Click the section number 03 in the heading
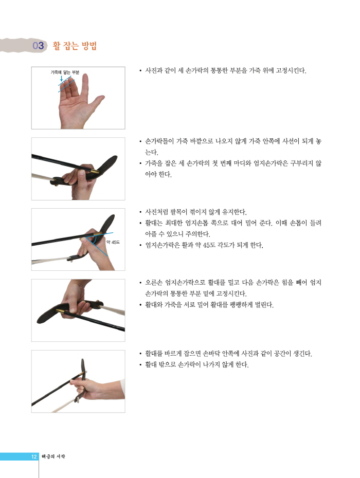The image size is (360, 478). [x=38, y=46]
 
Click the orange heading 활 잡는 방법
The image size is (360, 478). [x=75, y=46]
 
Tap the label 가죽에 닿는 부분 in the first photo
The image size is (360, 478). [x=65, y=72]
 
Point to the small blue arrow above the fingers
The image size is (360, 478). [x=61, y=79]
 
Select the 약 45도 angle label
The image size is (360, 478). [x=113, y=243]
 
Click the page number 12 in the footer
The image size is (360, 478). [x=34, y=456]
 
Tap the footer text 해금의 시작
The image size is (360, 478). [x=53, y=456]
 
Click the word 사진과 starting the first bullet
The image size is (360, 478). [x=154, y=70]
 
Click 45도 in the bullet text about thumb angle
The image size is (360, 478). [x=209, y=245]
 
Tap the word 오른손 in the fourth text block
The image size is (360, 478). [x=154, y=283]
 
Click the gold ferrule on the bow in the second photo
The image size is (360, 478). [x=95, y=171]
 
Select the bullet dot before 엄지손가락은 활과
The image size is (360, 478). [x=140, y=245]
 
